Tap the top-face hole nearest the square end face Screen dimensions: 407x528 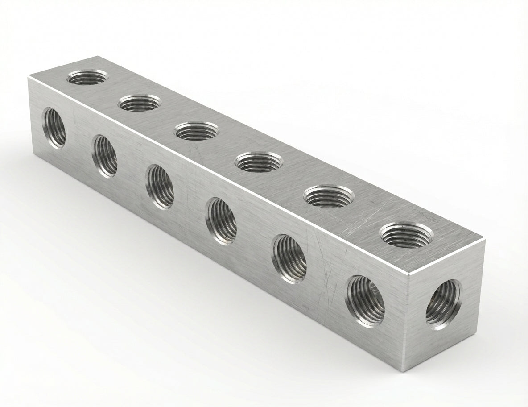tap(406, 234)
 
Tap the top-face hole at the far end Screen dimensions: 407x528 tap(87, 77)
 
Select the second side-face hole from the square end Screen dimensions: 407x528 tap(290, 259)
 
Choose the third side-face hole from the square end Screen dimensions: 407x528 tap(222, 221)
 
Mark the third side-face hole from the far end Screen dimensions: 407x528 tap(161, 186)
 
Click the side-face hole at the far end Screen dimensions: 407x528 tap(54, 128)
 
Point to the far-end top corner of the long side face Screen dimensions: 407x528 tap(28, 77)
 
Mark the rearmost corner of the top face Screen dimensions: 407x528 tap(96, 56)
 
